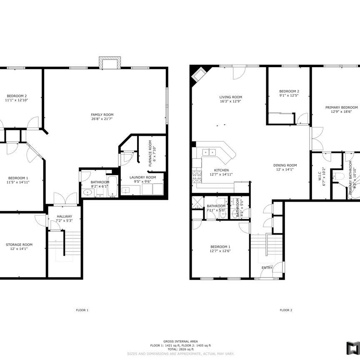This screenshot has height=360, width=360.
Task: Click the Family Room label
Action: click(102, 115)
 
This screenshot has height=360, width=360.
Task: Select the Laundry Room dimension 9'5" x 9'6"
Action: click(142, 182)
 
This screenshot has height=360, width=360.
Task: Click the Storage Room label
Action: click(19, 245)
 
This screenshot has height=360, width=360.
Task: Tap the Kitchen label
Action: click(221, 170)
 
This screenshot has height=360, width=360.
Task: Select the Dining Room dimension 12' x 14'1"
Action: click(285, 169)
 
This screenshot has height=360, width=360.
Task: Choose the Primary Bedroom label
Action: click(341, 107)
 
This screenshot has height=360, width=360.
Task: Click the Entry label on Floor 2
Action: click(267, 267)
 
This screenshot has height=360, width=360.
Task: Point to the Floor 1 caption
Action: click(82, 310)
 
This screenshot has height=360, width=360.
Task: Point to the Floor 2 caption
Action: click(286, 310)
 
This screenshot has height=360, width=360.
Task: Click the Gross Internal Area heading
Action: click(180, 341)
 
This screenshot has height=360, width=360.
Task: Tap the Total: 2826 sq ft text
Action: click(180, 349)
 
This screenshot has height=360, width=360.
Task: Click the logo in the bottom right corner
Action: click(352, 347)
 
